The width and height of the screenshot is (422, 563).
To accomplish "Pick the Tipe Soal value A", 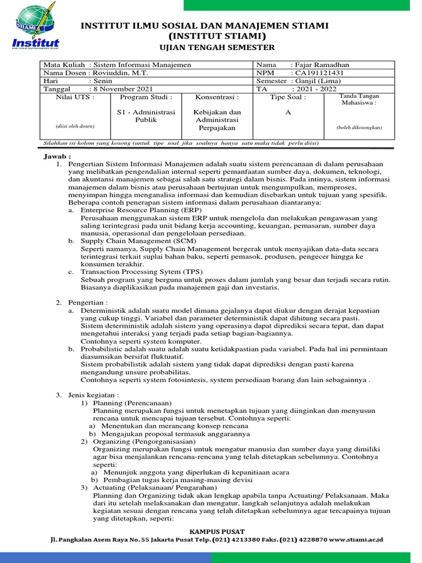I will click(287, 112).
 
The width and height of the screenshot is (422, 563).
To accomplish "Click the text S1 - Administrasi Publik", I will click(146, 116).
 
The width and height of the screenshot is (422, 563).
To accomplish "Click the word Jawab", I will click(54, 157).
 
